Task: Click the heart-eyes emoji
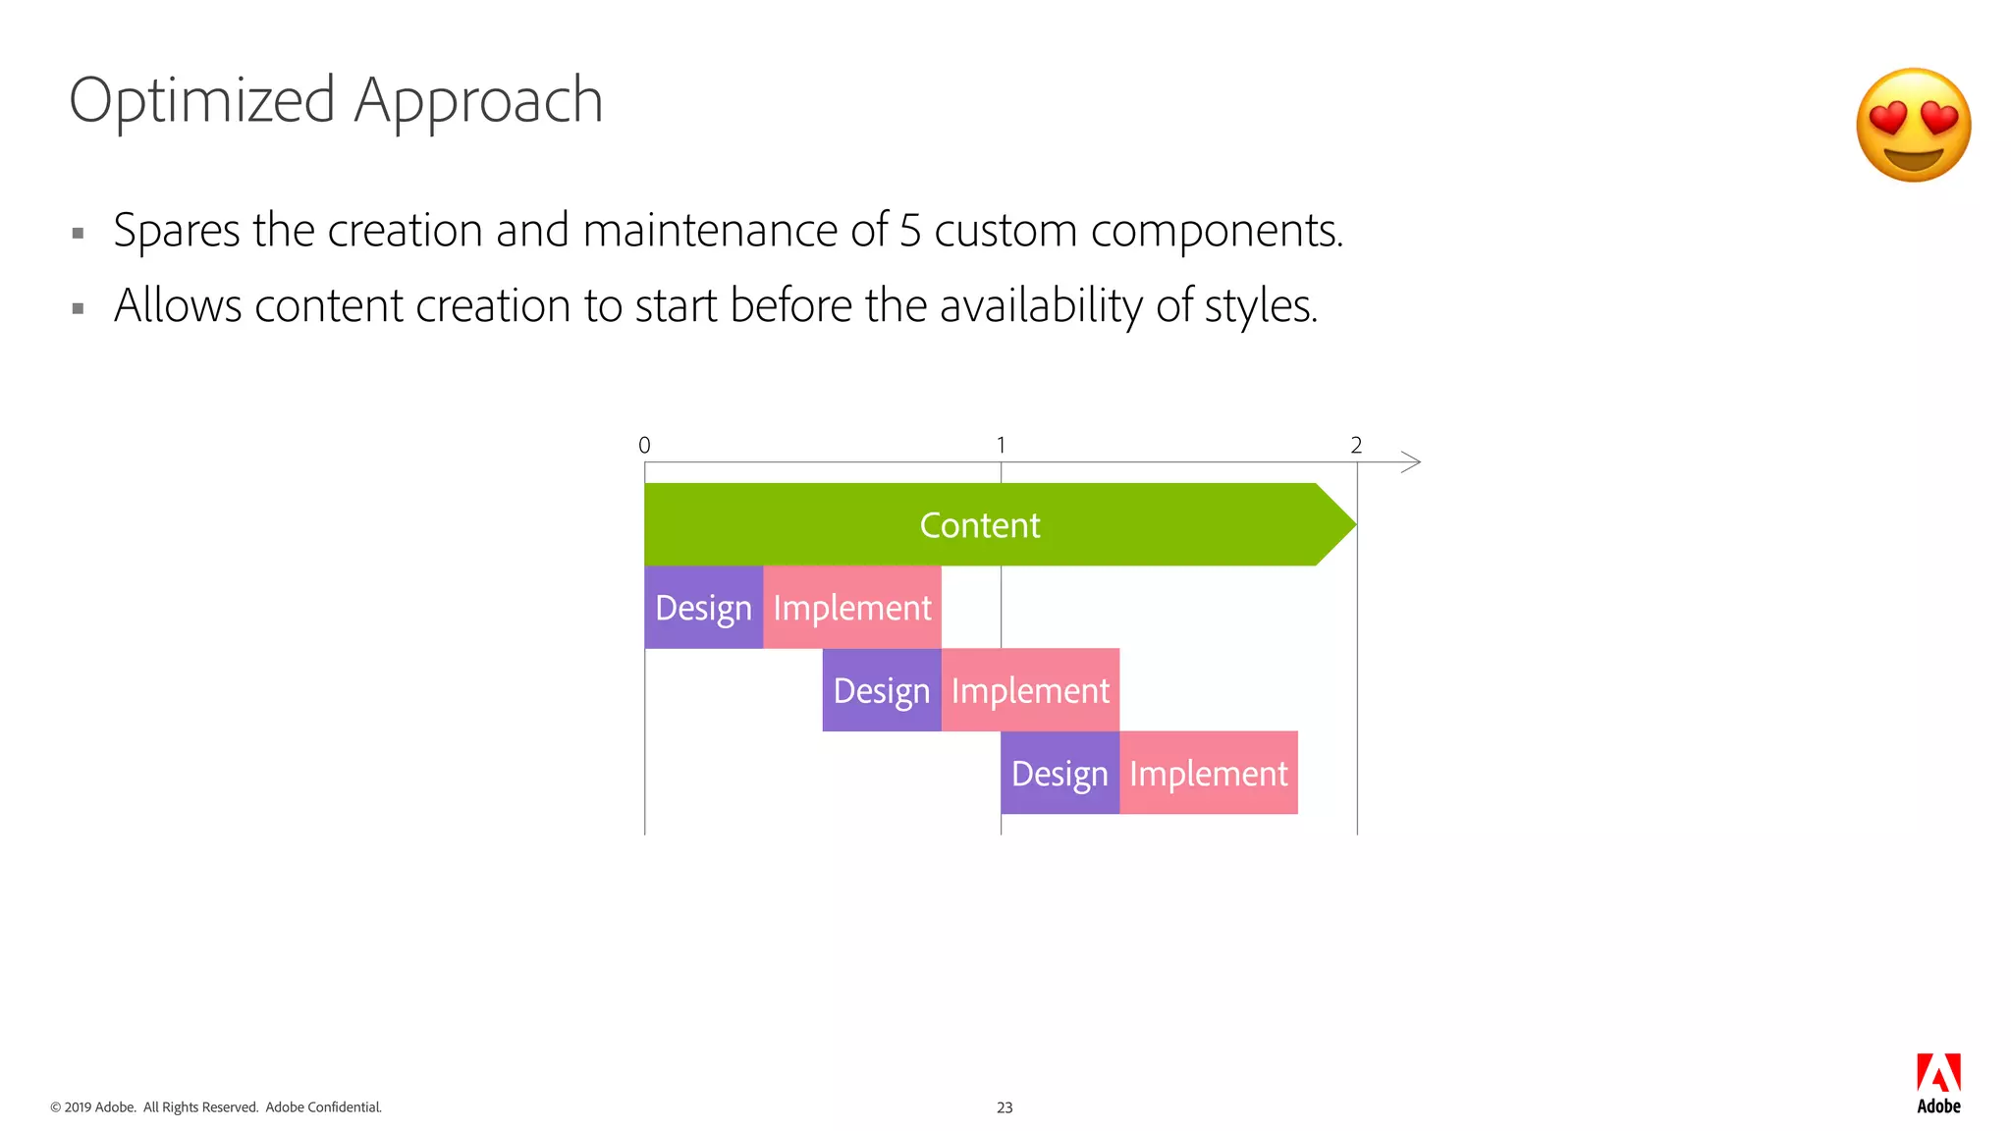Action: pyautogui.click(x=1913, y=125)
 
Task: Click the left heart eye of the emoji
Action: pyautogui.click(x=1887, y=120)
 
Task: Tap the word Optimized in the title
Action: pyautogui.click(x=202, y=100)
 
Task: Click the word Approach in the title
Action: pyautogui.click(x=478, y=100)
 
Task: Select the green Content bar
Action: pyautogui.click(x=980, y=524)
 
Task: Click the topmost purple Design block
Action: pyautogui.click(x=703, y=608)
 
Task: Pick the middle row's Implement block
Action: pyautogui.click(x=1030, y=690)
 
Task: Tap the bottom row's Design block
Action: pyautogui.click(x=1060, y=773)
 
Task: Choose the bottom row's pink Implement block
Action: pyautogui.click(x=1208, y=773)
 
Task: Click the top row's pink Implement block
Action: pyautogui.click(x=851, y=608)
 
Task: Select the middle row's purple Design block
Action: pyautogui.click(x=881, y=690)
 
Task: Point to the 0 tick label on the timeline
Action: pyautogui.click(x=644, y=446)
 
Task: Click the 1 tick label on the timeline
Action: pyautogui.click(x=1001, y=446)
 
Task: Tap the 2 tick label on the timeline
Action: pyautogui.click(x=1356, y=446)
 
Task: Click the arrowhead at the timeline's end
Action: pyautogui.click(x=1412, y=462)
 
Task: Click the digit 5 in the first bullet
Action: pyautogui.click(x=909, y=231)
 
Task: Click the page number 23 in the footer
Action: pyautogui.click(x=1005, y=1107)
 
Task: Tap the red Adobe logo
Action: pyautogui.click(x=1938, y=1073)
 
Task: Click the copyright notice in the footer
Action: pyautogui.click(x=216, y=1107)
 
